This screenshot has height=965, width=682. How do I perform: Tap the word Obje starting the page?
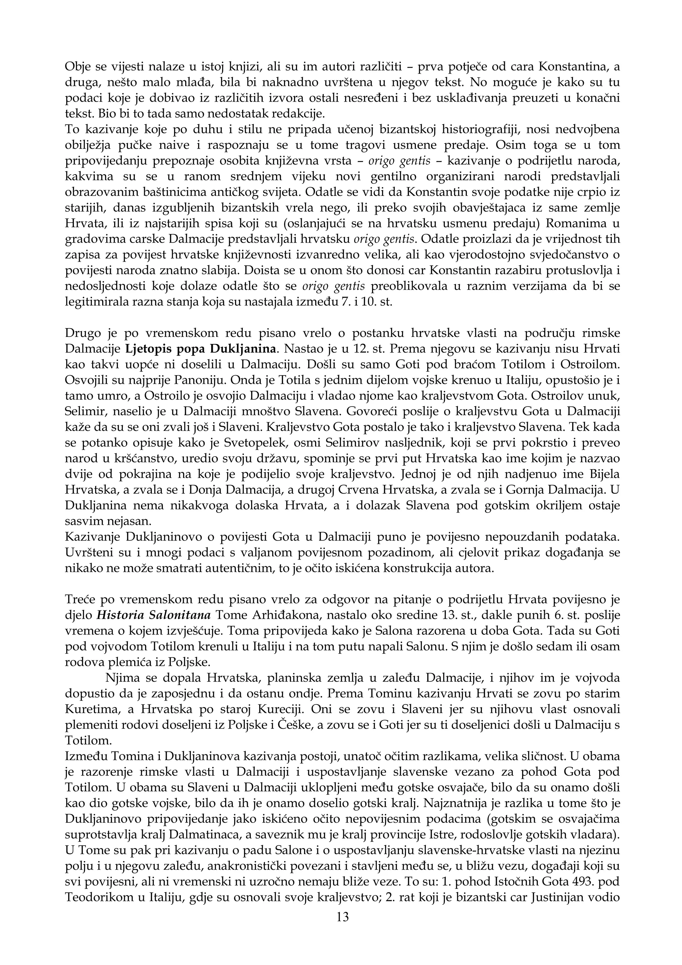[76, 66]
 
